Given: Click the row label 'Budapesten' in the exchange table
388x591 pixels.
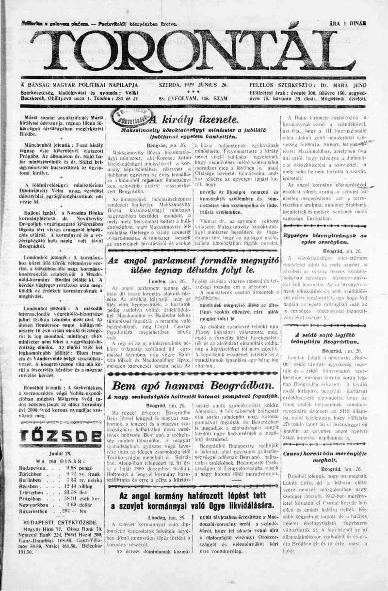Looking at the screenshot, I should (32, 468).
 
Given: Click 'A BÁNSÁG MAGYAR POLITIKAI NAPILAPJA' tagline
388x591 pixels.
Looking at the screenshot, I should (80, 84).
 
